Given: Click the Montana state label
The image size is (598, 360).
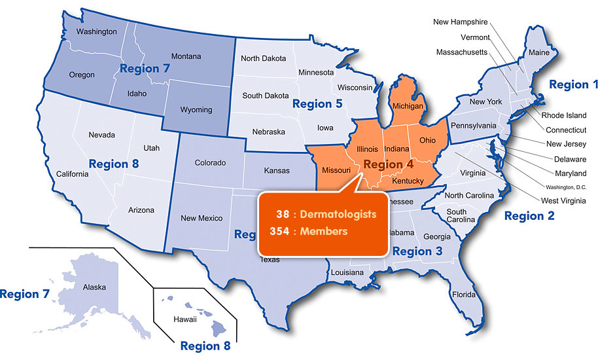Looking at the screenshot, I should [186, 57].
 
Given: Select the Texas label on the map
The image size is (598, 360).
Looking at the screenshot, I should [270, 260].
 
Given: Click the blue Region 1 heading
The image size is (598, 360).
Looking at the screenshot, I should [573, 84].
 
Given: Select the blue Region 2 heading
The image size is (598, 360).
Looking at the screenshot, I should [529, 216].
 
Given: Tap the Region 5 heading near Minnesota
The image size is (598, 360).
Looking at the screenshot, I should [317, 103].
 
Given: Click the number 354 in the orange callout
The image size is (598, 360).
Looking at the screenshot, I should [279, 231].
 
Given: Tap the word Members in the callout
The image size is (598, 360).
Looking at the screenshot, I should [323, 231].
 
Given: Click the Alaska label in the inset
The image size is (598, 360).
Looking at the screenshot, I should [94, 287].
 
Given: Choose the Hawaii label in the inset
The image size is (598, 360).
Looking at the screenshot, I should [185, 319].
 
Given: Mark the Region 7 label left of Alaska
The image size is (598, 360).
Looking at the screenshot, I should [25, 295].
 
